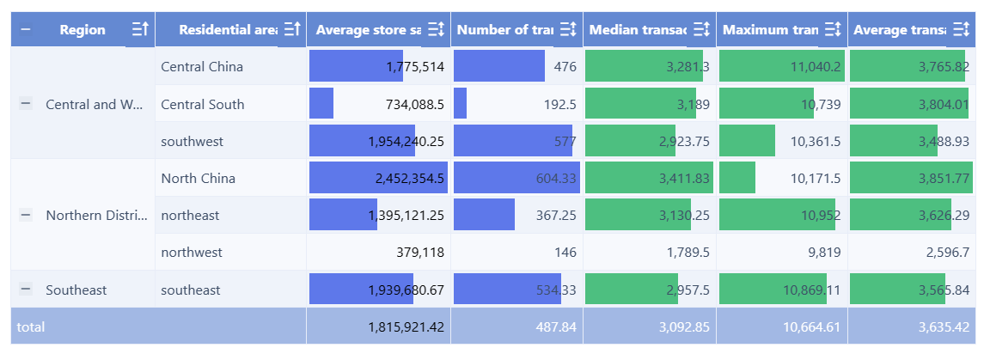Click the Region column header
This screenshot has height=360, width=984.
click(83, 30)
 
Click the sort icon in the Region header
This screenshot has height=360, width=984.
click(140, 30)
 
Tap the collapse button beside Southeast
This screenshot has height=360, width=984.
click(26, 290)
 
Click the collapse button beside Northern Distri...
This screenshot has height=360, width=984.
click(26, 215)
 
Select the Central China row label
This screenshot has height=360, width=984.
click(202, 67)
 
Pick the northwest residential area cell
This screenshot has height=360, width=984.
click(192, 253)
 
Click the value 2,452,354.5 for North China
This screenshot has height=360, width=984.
click(409, 179)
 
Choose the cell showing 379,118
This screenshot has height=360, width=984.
click(420, 253)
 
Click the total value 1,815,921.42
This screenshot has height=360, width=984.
click(406, 326)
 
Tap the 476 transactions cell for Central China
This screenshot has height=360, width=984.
click(565, 67)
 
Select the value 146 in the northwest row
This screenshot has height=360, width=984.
click(565, 253)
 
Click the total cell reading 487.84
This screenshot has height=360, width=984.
click(557, 326)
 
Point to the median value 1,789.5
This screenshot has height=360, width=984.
click(688, 253)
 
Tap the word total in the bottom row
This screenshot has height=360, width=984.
click(31, 326)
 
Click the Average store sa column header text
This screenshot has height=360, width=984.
click(368, 30)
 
